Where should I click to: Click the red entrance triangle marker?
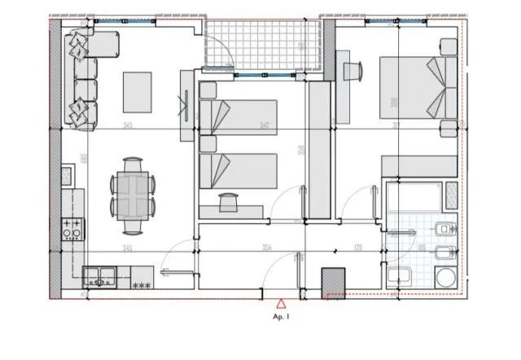click(x=281, y=302)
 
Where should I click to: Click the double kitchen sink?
click(x=99, y=276)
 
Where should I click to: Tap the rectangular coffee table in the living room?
click(x=137, y=92)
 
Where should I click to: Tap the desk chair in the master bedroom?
click(x=352, y=71)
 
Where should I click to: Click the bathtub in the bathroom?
click(x=415, y=196)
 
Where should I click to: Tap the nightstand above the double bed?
click(x=448, y=46)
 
